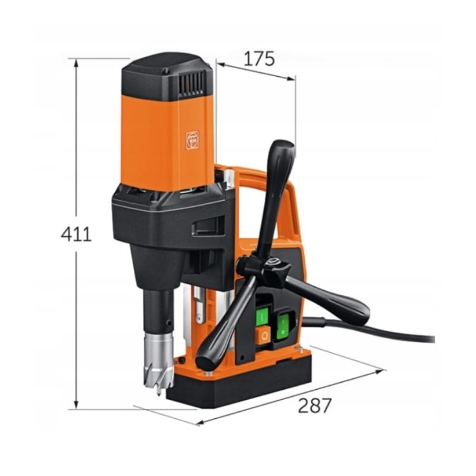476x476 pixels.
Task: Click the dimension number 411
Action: pos(76,234)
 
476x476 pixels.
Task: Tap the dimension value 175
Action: pos(258,58)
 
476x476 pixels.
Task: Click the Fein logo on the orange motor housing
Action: pos(192,140)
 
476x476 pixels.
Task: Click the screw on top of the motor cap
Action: pos(166,71)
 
